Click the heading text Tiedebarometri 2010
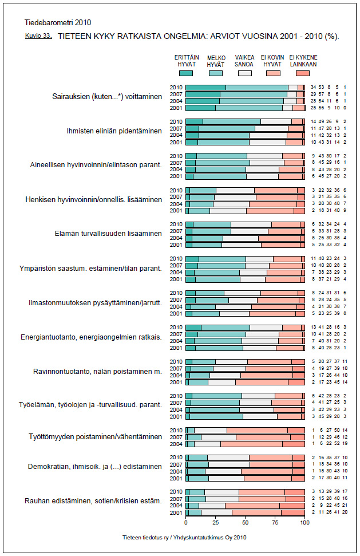pos(58,23)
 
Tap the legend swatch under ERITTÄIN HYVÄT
pos(187,73)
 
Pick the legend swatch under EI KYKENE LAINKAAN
pos(303,73)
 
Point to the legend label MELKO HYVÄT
pos(215,61)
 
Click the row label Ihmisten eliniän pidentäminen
pos(114,131)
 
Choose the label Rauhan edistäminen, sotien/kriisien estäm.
pos(93,501)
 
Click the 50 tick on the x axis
pos(246,523)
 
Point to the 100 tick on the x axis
pos(305,523)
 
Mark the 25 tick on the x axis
pos(216,523)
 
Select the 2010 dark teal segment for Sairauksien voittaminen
pos(206,87)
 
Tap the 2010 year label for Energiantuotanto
pos(176,327)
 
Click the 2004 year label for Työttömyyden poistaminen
pos(176,443)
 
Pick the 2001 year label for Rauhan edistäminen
pos(176,512)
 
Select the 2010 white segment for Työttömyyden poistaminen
pos(211,429)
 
